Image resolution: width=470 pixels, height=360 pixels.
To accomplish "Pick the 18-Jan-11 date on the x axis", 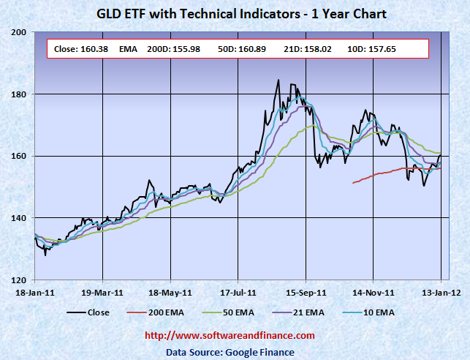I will [34, 292].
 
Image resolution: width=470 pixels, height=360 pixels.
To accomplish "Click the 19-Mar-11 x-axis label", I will [102, 292].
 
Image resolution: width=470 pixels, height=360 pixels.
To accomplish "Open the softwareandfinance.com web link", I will [230, 336].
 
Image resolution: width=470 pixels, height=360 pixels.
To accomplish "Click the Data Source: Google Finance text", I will [230, 352].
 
